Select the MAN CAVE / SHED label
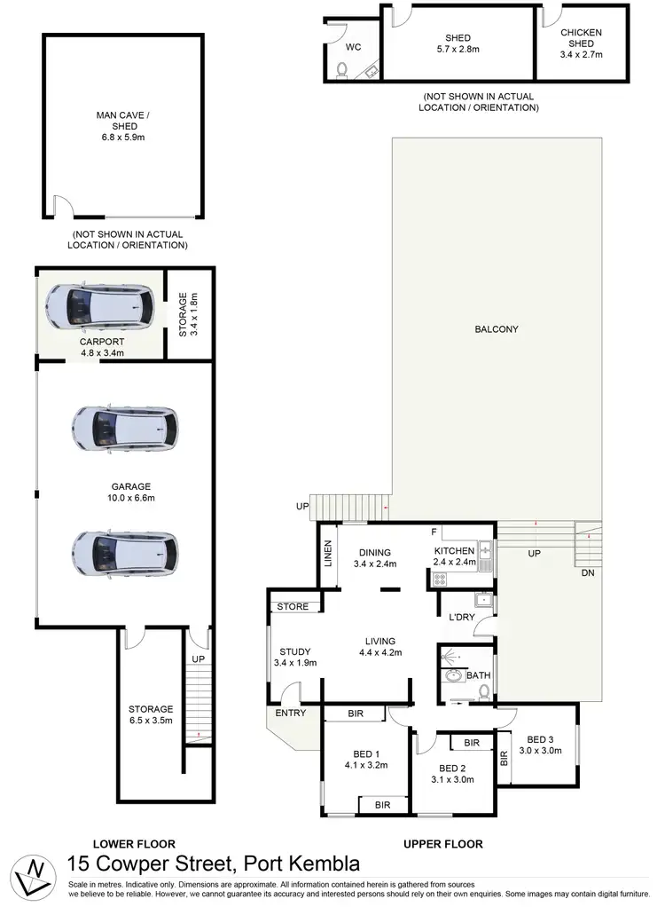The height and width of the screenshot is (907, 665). tap(124, 120)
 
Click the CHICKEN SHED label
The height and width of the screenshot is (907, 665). tap(581, 38)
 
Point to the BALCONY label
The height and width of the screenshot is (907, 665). tap(496, 329)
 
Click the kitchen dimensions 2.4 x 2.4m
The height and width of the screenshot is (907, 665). tap(456, 563)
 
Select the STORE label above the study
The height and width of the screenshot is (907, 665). tap(293, 607)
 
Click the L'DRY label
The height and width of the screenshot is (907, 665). tap(461, 617)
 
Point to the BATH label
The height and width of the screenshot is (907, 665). tap(479, 675)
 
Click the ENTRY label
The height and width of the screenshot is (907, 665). tap(291, 713)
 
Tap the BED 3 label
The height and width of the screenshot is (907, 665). tap(540, 739)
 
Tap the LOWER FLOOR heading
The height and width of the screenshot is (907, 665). tap(134, 844)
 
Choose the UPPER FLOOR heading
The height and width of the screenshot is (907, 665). tap(443, 844)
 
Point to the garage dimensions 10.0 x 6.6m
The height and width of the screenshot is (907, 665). tap(125, 498)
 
